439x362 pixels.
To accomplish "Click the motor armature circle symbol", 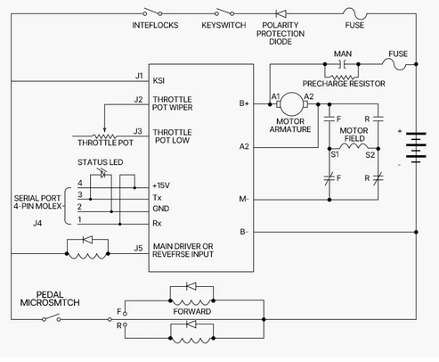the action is coord(292,103).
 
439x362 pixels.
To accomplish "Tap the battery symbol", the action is coord(416,147).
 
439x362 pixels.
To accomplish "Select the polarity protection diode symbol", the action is coord(280,13).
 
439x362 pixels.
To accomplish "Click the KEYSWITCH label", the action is coord(224,25).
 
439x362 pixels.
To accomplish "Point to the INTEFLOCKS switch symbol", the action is coord(152,12).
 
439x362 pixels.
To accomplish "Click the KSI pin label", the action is coord(159,80).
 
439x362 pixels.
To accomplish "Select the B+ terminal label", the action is coord(244,103).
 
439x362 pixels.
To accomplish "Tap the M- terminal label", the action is coord(244,199).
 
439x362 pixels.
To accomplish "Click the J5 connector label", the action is coord(138,248).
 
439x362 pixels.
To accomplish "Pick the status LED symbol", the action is coord(102,174).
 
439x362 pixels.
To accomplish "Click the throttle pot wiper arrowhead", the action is coord(104,130).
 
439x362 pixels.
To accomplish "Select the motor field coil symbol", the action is coord(354,146).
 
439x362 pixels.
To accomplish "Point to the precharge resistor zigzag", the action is coord(342,78).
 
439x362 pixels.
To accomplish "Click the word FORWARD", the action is coord(192,311).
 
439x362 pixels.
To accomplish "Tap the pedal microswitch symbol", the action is coord(52,318).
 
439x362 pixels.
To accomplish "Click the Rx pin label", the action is coord(157,223).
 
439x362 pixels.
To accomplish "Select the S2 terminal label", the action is coord(370,155).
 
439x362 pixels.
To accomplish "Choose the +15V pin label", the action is coord(161,185).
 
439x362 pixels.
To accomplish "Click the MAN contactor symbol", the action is coord(342,64).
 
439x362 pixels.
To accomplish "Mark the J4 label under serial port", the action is coord(37,223).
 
